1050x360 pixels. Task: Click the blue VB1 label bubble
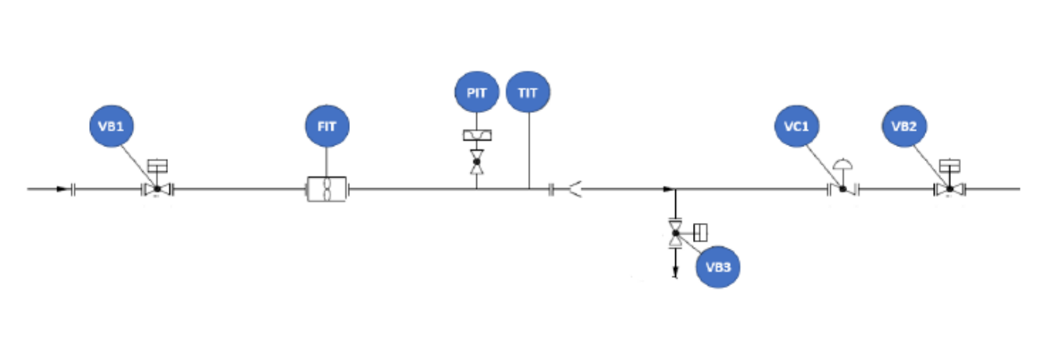click(x=112, y=126)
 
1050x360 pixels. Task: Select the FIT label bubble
click(x=328, y=126)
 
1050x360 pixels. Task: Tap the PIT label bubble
click(x=477, y=92)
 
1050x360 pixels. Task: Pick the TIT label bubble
click(x=528, y=92)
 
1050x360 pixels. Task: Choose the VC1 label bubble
click(x=797, y=126)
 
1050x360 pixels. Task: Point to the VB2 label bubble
click(x=904, y=126)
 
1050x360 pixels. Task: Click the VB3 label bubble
click(x=718, y=267)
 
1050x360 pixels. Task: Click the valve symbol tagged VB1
click(x=157, y=190)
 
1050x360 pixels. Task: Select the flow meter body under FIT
click(x=327, y=189)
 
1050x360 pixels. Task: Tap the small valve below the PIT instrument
click(x=477, y=162)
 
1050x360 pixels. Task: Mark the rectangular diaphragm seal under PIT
click(x=477, y=135)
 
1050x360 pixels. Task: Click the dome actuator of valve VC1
click(x=842, y=164)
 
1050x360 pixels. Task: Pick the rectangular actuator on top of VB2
click(x=949, y=166)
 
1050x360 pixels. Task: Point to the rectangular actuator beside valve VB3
click(x=700, y=232)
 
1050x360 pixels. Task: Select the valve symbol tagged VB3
click(x=675, y=233)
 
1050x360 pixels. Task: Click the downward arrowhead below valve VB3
click(x=675, y=272)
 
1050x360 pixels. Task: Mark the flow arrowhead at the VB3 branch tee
click(x=669, y=190)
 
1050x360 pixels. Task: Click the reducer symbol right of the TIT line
click(x=575, y=190)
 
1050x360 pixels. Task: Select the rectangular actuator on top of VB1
click(x=157, y=166)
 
